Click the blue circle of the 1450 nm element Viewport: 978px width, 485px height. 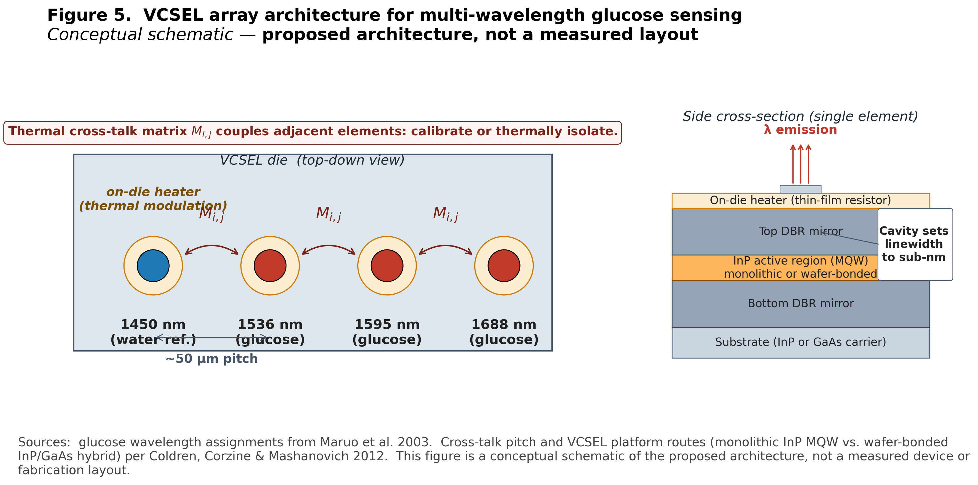[x=153, y=266]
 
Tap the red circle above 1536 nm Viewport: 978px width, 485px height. [x=270, y=266]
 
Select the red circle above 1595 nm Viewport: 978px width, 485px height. [x=387, y=266]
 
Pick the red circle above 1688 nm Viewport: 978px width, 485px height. [x=504, y=266]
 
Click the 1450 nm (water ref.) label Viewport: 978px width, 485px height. [x=153, y=332]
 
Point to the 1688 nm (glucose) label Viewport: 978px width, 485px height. [x=504, y=332]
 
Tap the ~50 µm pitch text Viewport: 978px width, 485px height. [x=212, y=359]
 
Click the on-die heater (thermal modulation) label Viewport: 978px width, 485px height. [x=153, y=199]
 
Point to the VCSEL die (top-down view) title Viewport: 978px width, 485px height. [x=312, y=160]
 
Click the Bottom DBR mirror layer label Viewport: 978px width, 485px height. [x=800, y=303]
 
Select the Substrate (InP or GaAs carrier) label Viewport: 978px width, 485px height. [x=800, y=342]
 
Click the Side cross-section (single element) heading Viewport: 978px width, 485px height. [x=800, y=116]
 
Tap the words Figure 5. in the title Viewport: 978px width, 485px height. [x=89, y=15]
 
